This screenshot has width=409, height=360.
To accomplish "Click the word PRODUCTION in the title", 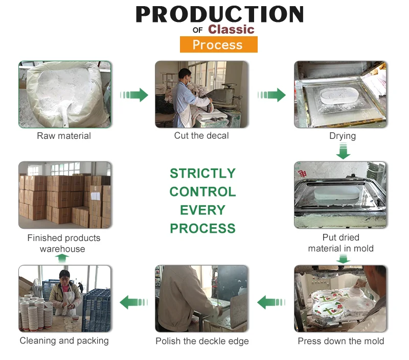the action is [220, 14].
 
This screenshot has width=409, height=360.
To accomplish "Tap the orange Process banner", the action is [219, 44].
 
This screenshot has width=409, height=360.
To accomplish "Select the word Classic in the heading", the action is [231, 30].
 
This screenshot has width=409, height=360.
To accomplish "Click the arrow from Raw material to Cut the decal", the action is [134, 95].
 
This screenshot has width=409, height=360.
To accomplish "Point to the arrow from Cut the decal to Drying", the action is [271, 95].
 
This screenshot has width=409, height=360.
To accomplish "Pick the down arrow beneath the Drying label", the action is [343, 152].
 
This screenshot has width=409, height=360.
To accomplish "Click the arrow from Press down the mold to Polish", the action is [271, 302].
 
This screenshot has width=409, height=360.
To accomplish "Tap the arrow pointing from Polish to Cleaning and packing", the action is [134, 302].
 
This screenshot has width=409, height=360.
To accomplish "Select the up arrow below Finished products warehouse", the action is [62, 258].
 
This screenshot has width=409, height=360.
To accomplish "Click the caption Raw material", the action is [64, 136].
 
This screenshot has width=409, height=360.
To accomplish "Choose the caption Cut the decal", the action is [201, 135].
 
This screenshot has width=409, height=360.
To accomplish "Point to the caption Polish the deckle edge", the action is [202, 341].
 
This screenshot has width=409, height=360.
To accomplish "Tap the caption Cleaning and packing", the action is [64, 341].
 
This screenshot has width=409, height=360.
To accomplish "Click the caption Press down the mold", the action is [341, 341].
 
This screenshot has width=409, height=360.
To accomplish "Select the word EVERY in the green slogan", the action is [202, 210].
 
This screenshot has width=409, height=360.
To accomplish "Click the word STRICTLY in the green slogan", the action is [202, 173].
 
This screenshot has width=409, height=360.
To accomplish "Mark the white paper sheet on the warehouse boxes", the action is [95, 196].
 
